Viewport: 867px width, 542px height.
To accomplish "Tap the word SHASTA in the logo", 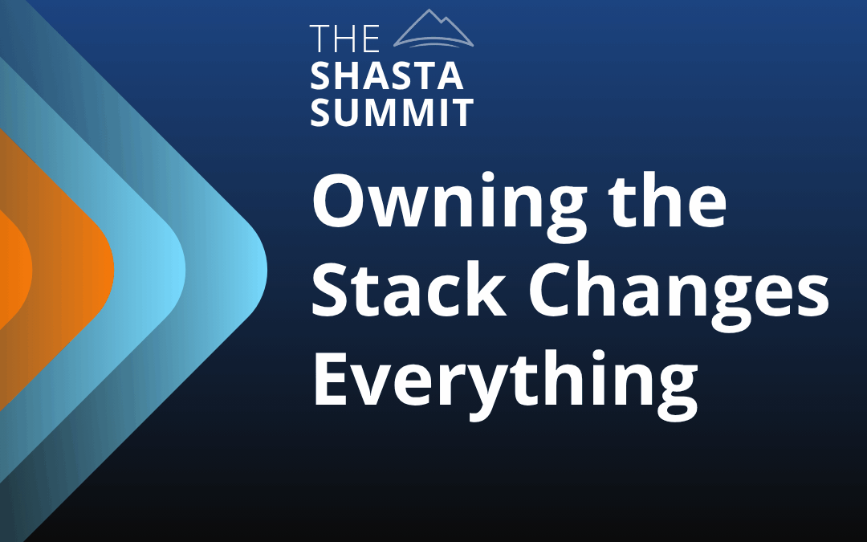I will pos(387,76).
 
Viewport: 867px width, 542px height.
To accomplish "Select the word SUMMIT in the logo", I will pos(392,112).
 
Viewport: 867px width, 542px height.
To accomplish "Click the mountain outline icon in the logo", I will pos(434,29).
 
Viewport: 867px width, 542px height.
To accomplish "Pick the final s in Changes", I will pos(809,298).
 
